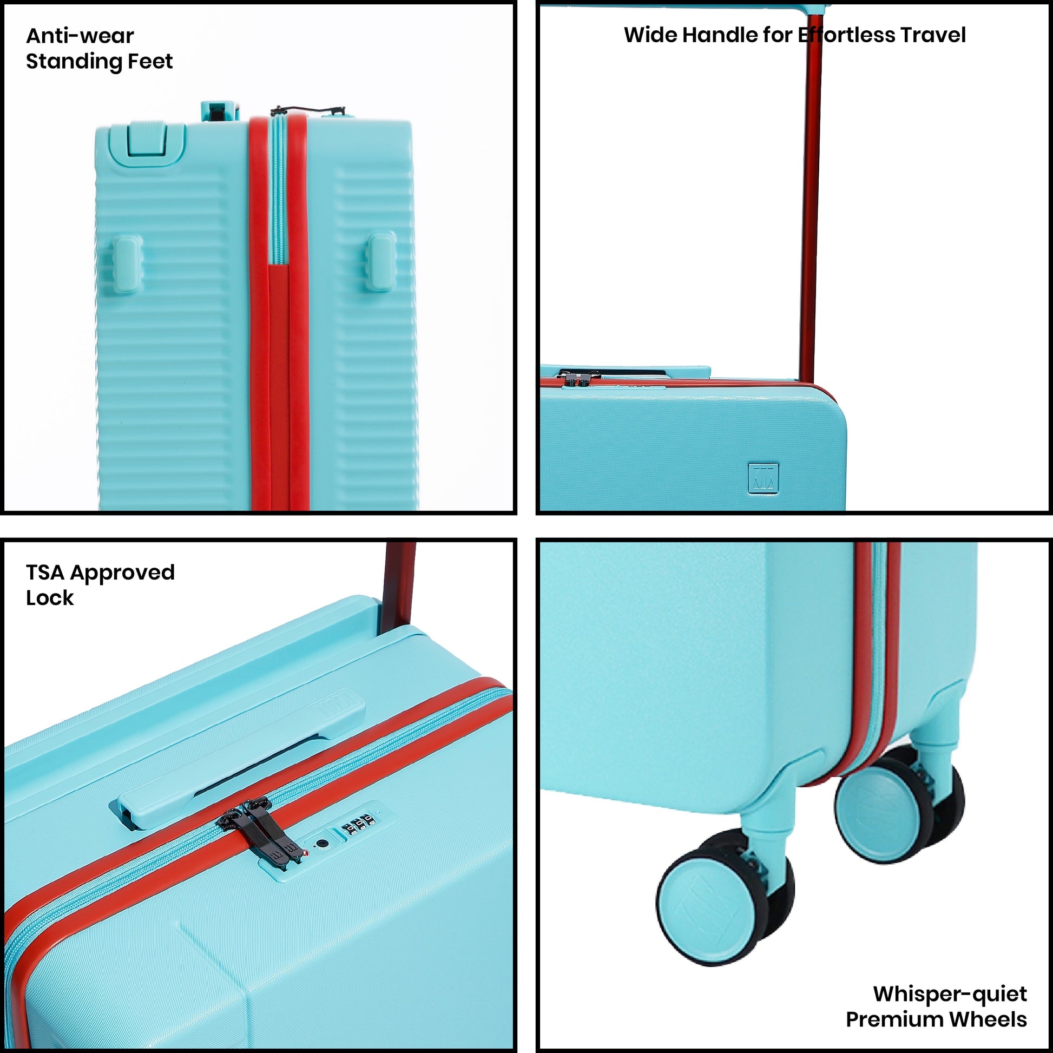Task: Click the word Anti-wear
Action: click(x=80, y=36)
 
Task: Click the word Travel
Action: click(x=932, y=35)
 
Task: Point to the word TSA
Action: click(x=45, y=572)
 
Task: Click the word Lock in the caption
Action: click(x=50, y=598)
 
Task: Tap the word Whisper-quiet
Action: click(x=950, y=993)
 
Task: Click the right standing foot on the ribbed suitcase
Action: click(x=381, y=261)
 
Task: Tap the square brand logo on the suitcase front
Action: click(x=763, y=478)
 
